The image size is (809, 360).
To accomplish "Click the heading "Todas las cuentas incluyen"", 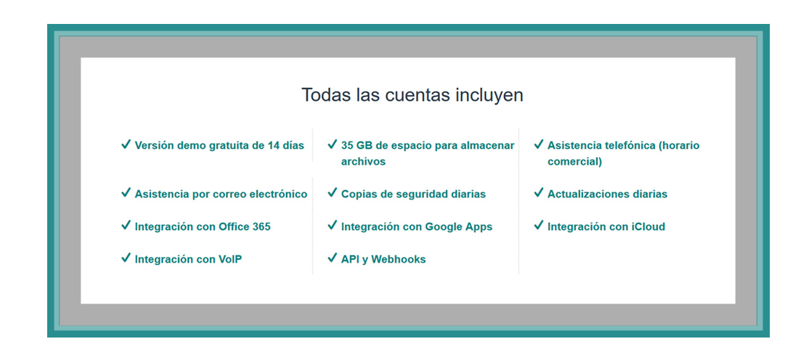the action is [x=412, y=95].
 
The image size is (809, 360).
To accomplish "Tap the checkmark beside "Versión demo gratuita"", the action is [x=126, y=144].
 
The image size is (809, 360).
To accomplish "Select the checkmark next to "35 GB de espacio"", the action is [x=333, y=144].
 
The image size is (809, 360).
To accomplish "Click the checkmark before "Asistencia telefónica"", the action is [x=539, y=144].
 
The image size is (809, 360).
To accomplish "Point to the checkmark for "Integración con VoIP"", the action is [x=126, y=258].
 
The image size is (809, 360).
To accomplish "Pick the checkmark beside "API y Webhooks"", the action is [x=333, y=258].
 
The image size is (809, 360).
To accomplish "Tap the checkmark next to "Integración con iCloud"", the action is [x=539, y=226].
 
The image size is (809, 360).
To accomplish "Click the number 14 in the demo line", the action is [x=274, y=145].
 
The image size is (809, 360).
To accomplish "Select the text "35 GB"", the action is [x=356, y=145].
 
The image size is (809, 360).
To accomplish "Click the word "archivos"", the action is [x=363, y=161].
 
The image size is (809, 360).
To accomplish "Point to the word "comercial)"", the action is [x=574, y=162].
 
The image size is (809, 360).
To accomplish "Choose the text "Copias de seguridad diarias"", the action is [x=413, y=194].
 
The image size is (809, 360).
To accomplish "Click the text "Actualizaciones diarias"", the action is [x=607, y=194].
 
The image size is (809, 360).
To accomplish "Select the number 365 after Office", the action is [x=261, y=226].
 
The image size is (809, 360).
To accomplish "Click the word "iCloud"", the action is [x=648, y=226].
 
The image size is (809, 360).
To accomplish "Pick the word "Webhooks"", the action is [x=398, y=259].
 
